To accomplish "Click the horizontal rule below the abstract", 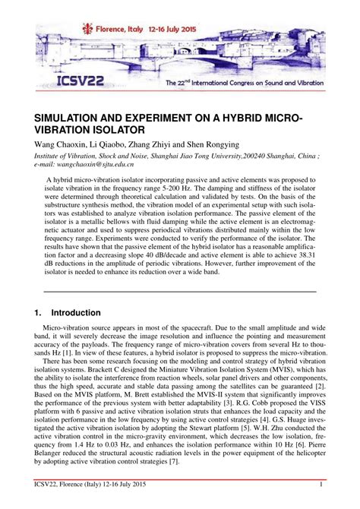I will click(179, 290).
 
